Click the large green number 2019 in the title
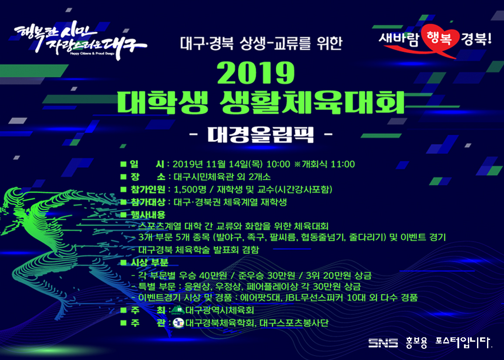(x=256, y=73)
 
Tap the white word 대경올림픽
(x=260, y=135)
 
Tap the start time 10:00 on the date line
(x=279, y=164)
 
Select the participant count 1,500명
(x=190, y=189)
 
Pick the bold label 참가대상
(x=148, y=202)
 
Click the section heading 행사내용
(x=148, y=215)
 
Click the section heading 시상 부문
(x=149, y=262)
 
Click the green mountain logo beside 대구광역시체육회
(x=178, y=310)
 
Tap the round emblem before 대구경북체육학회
(x=178, y=323)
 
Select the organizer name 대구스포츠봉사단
(x=294, y=323)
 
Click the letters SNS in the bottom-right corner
(x=383, y=343)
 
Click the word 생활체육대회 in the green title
(x=312, y=102)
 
